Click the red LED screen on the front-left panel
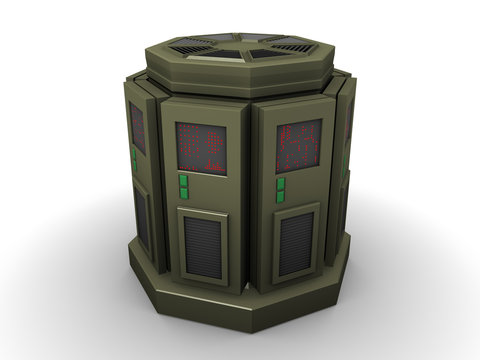(201, 148)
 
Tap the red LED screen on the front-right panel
(298, 146)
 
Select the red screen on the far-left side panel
(137, 127)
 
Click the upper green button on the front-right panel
(281, 183)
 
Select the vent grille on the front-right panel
(295, 243)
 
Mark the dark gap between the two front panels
(250, 200)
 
